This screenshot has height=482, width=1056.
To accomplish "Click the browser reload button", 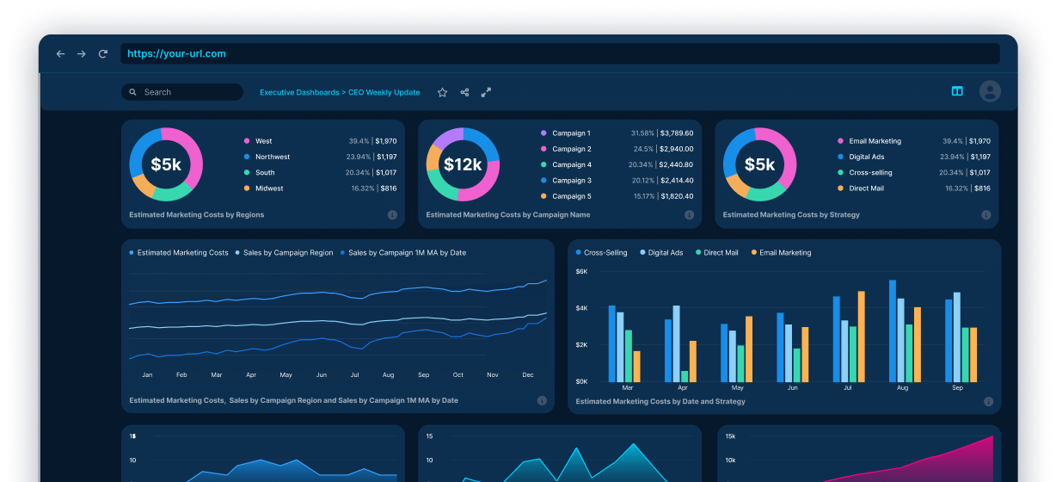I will (x=103, y=53).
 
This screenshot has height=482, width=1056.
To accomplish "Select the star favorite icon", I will (x=442, y=92).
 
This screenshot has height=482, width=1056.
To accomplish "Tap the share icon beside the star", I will (x=464, y=92).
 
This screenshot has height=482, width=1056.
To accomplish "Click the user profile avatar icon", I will (x=990, y=91).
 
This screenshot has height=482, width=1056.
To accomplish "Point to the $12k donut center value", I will (x=463, y=164).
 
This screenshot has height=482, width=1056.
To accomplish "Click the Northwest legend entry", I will (x=272, y=157).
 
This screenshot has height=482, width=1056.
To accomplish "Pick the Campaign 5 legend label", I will (x=571, y=196).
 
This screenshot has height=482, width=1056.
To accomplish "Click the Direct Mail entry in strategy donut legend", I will (x=866, y=188).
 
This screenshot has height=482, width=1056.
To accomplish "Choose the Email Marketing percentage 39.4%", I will (x=952, y=141).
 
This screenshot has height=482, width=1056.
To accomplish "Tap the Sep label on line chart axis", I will (x=423, y=375).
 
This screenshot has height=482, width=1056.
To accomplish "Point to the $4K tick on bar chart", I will (x=581, y=308).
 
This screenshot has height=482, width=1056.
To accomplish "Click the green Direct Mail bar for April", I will (x=685, y=376).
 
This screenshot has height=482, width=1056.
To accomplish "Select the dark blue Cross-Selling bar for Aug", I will (x=893, y=331).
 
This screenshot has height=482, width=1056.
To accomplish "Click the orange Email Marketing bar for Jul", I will (x=861, y=336).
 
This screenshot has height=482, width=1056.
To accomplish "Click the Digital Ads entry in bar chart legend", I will (x=666, y=253).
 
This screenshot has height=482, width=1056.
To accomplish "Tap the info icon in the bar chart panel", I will (x=988, y=401).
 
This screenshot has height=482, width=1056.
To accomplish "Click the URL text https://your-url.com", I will (x=176, y=53).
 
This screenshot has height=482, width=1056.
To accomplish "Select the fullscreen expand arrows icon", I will (x=486, y=92).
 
